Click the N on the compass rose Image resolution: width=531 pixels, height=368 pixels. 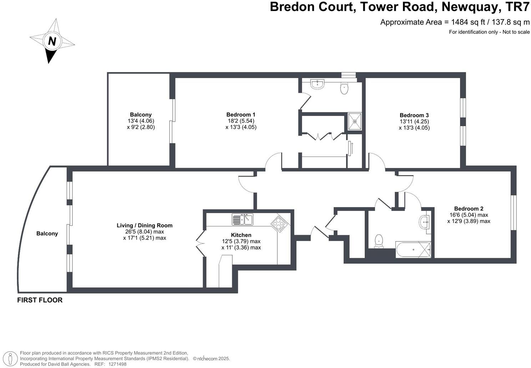click(x=52, y=41)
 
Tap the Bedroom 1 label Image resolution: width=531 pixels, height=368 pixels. click(x=241, y=114)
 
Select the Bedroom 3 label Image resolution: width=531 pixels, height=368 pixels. click(x=414, y=115)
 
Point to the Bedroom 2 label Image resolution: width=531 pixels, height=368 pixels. click(x=469, y=209)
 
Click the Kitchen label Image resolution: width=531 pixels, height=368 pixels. click(x=241, y=235)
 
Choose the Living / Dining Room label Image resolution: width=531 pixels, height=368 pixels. click(x=145, y=225)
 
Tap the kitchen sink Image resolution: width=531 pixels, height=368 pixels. click(x=242, y=219)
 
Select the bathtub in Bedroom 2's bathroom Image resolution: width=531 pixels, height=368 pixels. click(x=413, y=250)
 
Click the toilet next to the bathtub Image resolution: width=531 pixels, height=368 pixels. click(x=379, y=241)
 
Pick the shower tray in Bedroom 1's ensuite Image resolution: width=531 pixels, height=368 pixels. click(x=355, y=121)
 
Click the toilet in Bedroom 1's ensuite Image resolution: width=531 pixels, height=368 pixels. click(x=344, y=88)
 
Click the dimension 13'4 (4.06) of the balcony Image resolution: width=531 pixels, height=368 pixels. click(x=141, y=121)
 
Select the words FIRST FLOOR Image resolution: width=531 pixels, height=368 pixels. click(x=40, y=300)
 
